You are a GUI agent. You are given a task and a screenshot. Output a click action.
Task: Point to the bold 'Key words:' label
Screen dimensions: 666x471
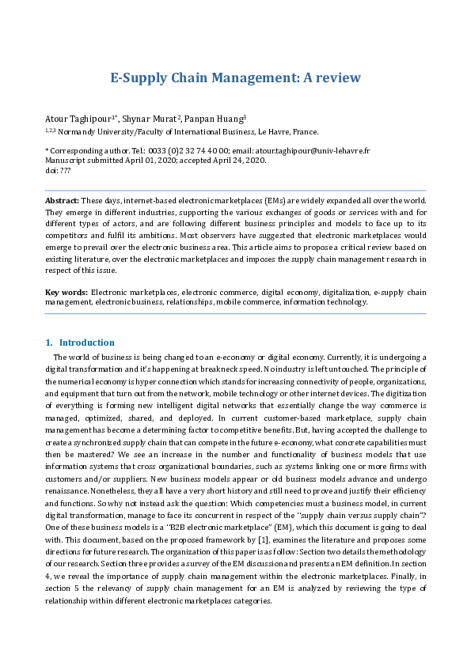click(x=66, y=293)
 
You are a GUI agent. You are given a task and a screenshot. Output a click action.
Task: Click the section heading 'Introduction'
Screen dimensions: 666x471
click(x=86, y=342)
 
